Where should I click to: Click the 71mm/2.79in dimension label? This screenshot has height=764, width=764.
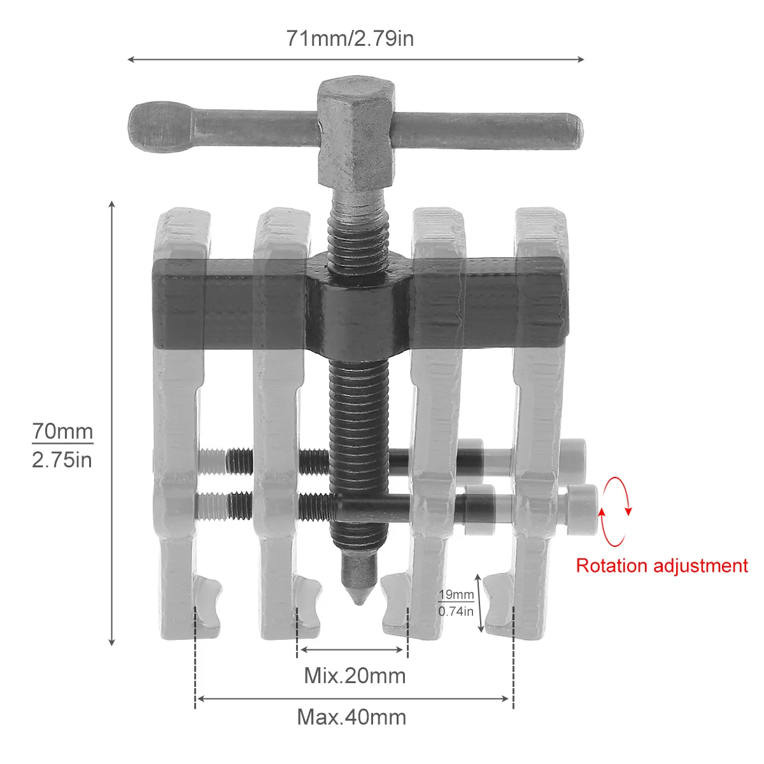(350, 39)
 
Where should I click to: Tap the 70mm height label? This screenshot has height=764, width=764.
(62, 431)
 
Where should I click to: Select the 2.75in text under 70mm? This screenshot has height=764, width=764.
(62, 459)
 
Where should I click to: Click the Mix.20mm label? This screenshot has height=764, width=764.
(355, 675)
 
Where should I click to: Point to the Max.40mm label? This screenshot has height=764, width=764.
(351, 718)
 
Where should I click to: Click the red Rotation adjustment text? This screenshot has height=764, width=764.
(661, 565)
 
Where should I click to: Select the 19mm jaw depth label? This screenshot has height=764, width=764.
(456, 595)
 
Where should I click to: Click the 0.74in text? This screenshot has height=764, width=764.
(456, 611)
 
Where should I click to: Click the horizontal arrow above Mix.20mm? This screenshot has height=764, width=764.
(352, 650)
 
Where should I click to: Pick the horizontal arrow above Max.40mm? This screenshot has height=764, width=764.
(353, 698)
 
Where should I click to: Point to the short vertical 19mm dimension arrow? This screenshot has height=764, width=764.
(481, 602)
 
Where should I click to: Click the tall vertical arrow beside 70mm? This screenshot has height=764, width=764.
(112, 423)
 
